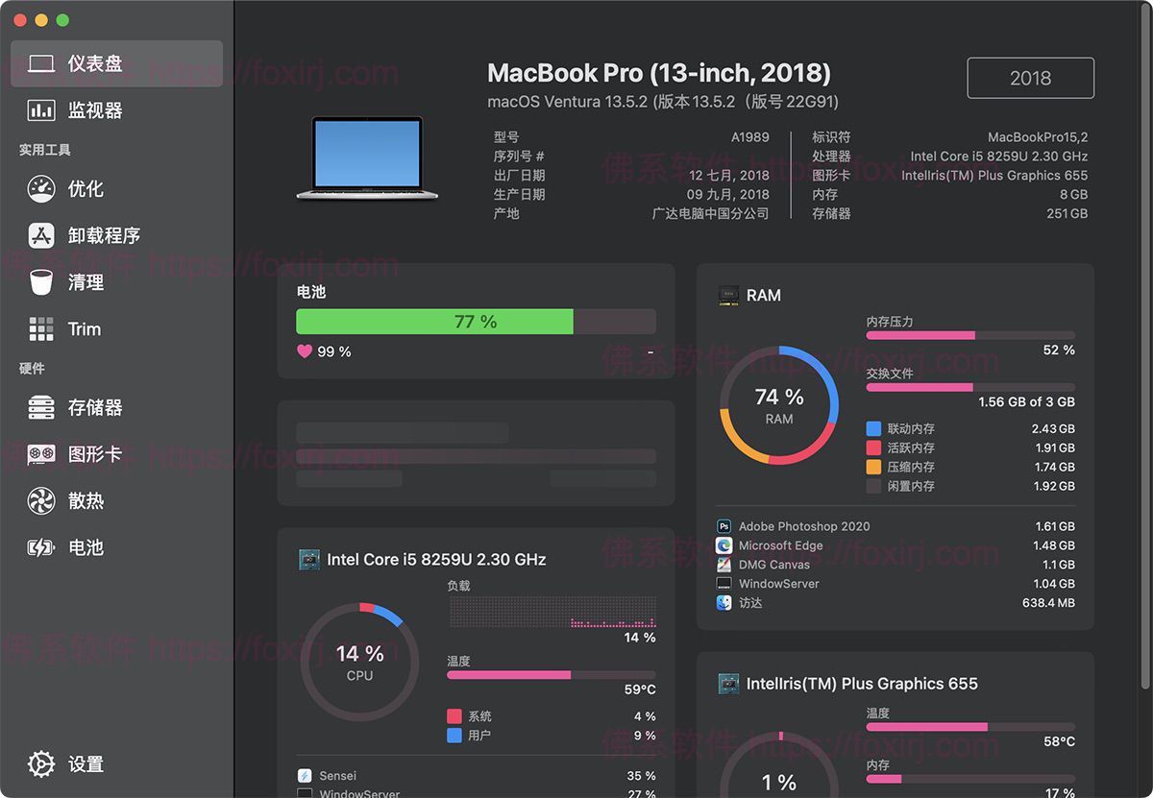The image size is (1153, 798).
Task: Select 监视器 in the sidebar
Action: [94, 110]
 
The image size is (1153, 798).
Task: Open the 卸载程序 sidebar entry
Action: [104, 235]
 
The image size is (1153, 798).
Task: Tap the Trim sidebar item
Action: [84, 329]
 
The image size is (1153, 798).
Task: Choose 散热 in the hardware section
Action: [86, 500]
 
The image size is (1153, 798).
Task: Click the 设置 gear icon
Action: [41, 763]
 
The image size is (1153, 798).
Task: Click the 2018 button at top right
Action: [1030, 79]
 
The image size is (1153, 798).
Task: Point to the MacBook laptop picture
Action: [367, 158]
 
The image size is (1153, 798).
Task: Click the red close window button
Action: [20, 20]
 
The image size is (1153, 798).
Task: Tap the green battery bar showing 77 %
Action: [434, 322]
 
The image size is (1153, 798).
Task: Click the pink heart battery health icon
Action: [305, 351]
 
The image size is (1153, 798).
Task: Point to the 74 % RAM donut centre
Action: [779, 404]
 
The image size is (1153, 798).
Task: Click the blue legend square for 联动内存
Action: [873, 429]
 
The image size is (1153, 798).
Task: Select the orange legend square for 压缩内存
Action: [873, 468]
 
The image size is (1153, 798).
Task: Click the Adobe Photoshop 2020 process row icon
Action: [724, 526]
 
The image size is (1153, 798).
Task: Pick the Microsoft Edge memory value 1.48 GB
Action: [1053, 545]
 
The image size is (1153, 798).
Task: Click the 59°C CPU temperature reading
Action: [640, 689]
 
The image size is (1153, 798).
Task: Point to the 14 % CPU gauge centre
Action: [359, 662]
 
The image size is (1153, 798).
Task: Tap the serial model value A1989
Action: [749, 137]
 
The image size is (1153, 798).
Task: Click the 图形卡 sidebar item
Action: [94, 454]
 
